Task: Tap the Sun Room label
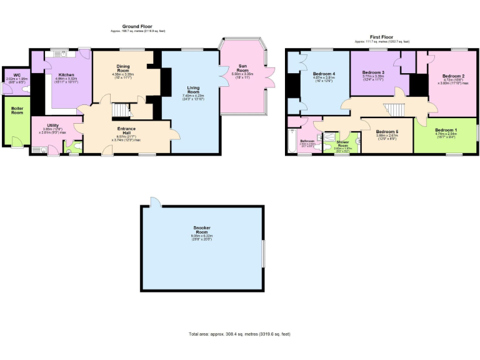(x=243, y=70)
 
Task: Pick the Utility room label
(x=52, y=126)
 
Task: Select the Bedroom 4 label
(x=324, y=74)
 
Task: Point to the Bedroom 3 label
(x=374, y=73)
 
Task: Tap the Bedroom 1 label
(x=446, y=129)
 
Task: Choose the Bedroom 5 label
(x=387, y=131)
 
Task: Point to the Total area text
(x=239, y=334)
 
